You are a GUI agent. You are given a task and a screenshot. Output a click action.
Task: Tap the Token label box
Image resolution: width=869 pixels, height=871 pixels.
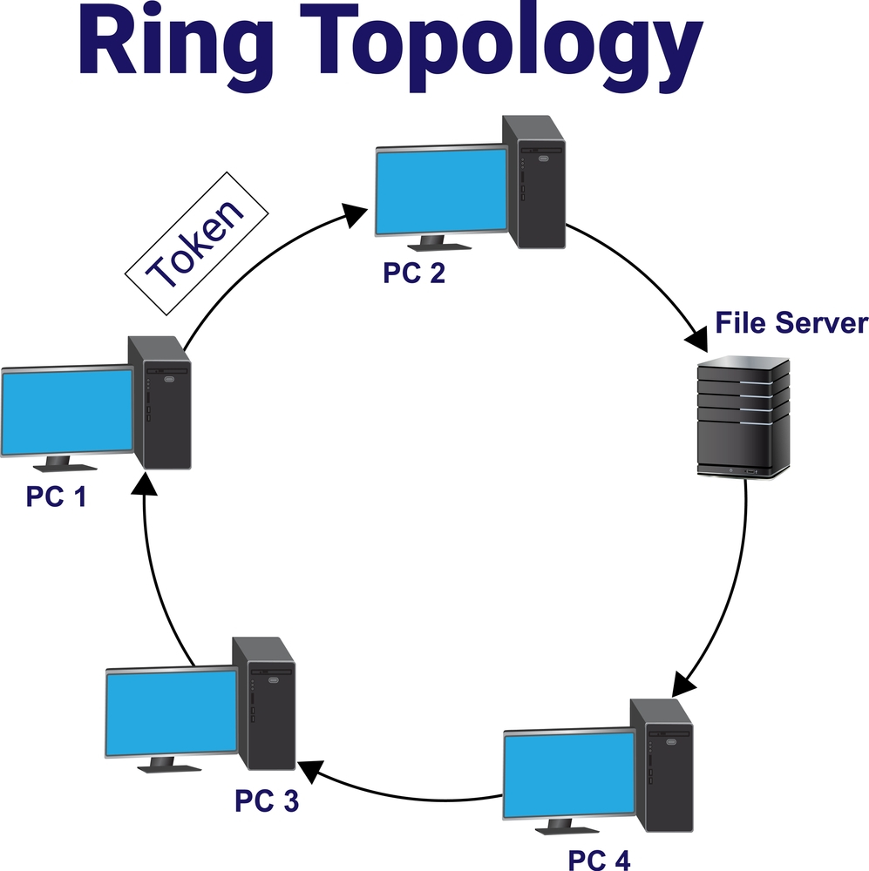click(x=196, y=248)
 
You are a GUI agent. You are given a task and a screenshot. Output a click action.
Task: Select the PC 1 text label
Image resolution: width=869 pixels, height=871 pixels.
click(x=57, y=498)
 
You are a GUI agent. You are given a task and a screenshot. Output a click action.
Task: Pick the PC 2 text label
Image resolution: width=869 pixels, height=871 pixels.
click(x=414, y=273)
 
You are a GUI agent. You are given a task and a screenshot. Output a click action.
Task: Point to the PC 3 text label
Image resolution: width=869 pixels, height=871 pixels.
click(x=267, y=800)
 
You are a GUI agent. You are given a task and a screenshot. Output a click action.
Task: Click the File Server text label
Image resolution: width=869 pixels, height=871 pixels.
click(x=791, y=323)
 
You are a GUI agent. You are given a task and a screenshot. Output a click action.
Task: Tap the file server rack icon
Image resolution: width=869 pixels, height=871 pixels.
click(x=744, y=417)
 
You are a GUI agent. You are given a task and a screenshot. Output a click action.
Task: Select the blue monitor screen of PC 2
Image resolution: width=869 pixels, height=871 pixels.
click(x=441, y=190)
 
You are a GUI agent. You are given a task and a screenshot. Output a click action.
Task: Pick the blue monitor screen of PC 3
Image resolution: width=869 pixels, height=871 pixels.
click(x=172, y=712)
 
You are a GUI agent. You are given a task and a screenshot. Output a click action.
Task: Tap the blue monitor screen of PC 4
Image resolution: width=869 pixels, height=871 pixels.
click(x=570, y=775)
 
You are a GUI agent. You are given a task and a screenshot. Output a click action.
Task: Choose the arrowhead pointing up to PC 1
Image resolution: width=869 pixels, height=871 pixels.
click(x=143, y=484)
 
